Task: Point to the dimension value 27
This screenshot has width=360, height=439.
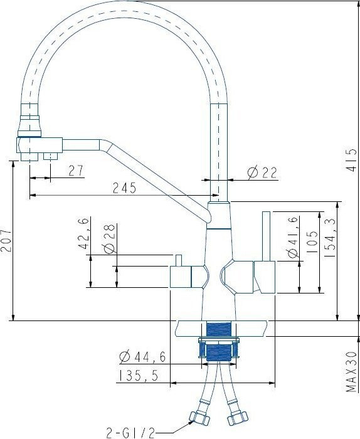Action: click(76, 170)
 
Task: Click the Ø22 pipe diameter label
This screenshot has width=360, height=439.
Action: click(262, 172)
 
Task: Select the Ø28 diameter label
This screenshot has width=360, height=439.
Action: click(108, 238)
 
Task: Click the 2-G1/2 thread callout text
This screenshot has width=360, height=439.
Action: click(130, 431)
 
